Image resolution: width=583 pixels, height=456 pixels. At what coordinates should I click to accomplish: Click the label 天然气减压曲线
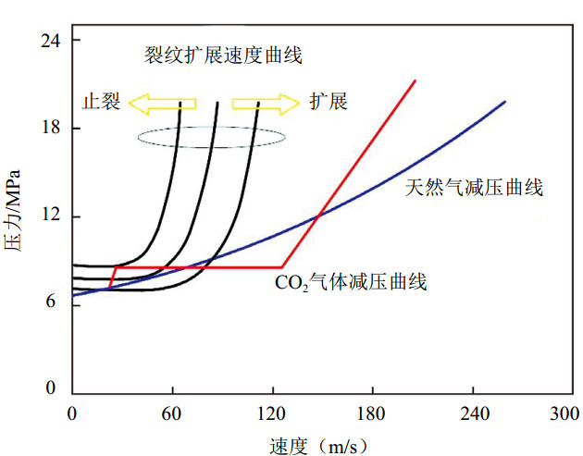pyautogui.click(x=473, y=188)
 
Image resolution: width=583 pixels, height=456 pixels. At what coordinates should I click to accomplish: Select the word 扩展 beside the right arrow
pyautogui.click(x=329, y=101)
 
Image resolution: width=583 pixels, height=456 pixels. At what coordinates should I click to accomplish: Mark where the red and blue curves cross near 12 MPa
pyautogui.click(x=318, y=216)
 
